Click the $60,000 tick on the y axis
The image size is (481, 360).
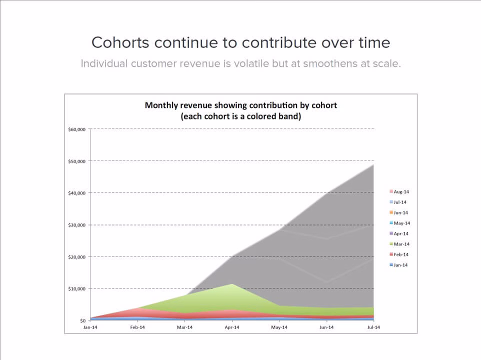coord(76,129)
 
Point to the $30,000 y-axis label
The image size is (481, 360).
coord(76,225)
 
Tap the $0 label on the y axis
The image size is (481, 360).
coord(82,320)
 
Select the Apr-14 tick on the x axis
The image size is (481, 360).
coord(232,327)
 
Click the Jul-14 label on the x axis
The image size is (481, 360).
coord(373,327)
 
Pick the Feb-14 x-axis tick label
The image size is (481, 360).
coord(137,327)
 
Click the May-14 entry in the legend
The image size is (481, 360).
coord(400,223)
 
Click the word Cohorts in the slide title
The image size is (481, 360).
coord(120,42)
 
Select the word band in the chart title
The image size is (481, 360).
coord(289,116)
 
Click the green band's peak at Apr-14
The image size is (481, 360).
coord(232,284)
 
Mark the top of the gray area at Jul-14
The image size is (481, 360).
coord(373,165)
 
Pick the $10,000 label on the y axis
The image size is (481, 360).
coord(76,289)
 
